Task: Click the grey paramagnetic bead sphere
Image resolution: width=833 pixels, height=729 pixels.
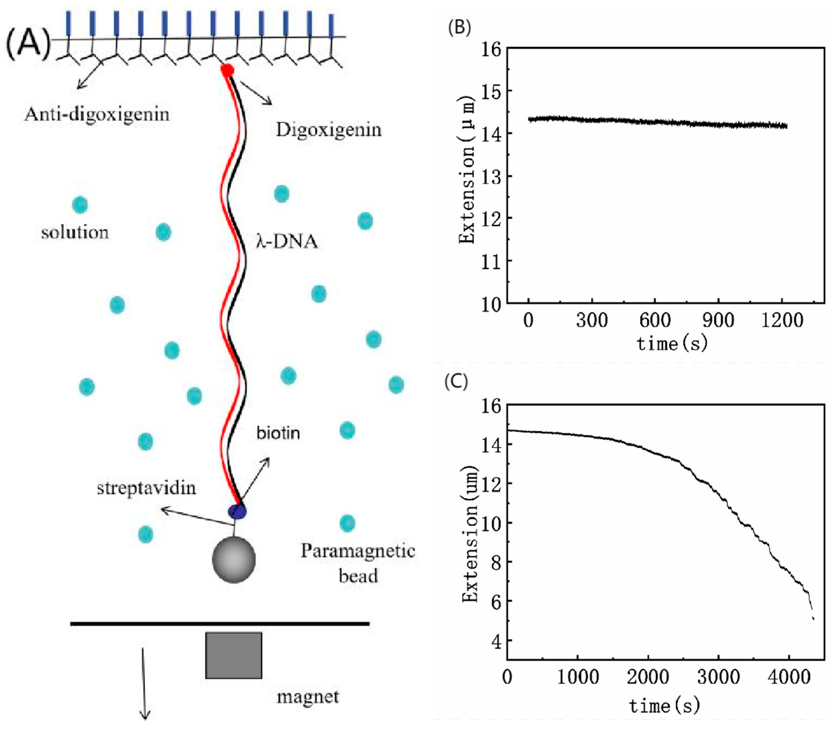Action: (234, 559)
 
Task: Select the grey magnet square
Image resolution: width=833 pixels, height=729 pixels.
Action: (234, 655)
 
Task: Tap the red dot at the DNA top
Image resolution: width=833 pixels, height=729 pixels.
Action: (227, 70)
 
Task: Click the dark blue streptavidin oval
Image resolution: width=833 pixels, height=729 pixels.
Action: (237, 511)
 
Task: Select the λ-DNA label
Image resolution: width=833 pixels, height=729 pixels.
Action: (287, 241)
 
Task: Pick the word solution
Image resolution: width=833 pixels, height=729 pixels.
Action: (75, 232)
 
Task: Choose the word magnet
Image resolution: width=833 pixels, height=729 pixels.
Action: (308, 697)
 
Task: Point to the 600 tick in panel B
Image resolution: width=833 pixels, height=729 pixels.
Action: (655, 321)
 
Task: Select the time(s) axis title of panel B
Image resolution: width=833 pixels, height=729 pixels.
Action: (671, 344)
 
